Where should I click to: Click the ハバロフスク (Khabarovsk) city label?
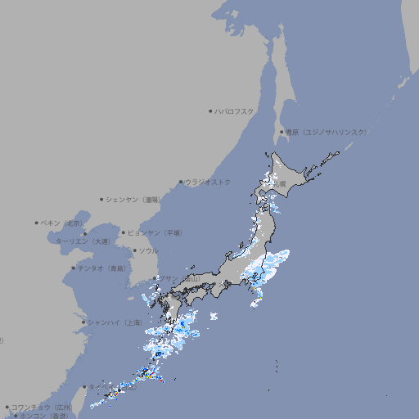235,111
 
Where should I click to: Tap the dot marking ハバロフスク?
210,111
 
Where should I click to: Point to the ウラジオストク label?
208,182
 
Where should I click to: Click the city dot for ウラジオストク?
181,182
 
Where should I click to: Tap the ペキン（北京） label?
62,223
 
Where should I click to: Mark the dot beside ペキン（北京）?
37,223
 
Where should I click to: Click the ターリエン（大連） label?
83,241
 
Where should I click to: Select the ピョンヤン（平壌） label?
155,232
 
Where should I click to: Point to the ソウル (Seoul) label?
148,250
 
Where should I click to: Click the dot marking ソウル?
134,250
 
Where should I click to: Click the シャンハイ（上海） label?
114,322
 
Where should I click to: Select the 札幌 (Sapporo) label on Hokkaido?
279,184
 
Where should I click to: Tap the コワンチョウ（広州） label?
41,407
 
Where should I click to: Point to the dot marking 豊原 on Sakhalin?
281,132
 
